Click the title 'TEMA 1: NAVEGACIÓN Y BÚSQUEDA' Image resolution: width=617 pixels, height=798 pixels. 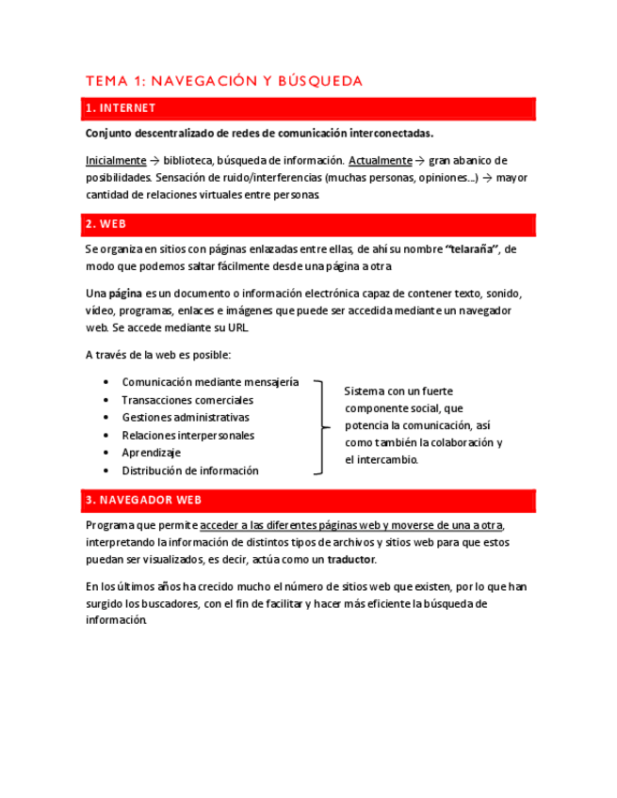click(x=223, y=81)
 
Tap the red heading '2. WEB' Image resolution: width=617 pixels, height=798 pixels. click(x=106, y=224)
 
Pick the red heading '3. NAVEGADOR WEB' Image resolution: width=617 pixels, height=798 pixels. click(x=142, y=500)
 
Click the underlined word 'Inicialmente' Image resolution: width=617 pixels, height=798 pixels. click(x=116, y=160)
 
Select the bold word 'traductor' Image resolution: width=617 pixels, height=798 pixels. click(x=350, y=559)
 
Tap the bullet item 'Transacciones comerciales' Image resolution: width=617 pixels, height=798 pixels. click(x=187, y=400)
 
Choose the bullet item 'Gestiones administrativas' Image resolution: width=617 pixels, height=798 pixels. click(x=186, y=417)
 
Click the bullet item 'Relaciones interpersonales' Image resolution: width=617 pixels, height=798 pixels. click(x=187, y=435)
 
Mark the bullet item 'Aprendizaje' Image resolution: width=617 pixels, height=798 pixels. click(x=151, y=453)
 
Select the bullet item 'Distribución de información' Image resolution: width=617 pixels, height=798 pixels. click(x=189, y=471)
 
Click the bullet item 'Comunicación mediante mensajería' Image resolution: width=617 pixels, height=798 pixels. click(x=210, y=382)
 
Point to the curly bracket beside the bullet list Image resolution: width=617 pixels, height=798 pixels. click(x=322, y=426)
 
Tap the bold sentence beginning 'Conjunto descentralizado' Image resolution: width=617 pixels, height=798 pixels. click(x=259, y=134)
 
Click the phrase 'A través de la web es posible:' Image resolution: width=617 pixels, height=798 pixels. click(x=157, y=355)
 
